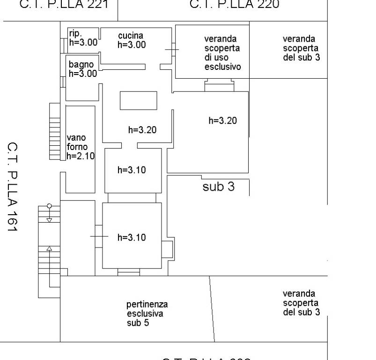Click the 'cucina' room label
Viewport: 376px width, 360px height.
pos(131,36)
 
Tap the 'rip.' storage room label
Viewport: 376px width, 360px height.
pos(75,33)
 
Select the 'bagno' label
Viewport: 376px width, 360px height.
pos(81,65)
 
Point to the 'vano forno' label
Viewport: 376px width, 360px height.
pos(76,142)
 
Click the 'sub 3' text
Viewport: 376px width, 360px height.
pos(218,187)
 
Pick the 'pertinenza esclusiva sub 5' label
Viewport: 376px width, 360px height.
pos(147,314)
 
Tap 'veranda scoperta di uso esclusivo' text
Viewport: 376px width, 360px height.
pos(222,52)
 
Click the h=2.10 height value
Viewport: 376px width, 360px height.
pos(81,156)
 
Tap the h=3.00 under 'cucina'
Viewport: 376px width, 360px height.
pos(132,45)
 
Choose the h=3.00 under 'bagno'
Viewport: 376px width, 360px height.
pos(83,74)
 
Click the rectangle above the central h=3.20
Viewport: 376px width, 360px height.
pos(139,100)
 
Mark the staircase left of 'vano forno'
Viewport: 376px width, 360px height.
pos(55,132)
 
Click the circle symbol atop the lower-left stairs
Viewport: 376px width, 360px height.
pos(49,206)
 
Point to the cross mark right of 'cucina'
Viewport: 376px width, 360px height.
pos(172,50)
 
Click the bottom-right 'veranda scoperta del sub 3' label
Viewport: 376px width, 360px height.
pos(301,303)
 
